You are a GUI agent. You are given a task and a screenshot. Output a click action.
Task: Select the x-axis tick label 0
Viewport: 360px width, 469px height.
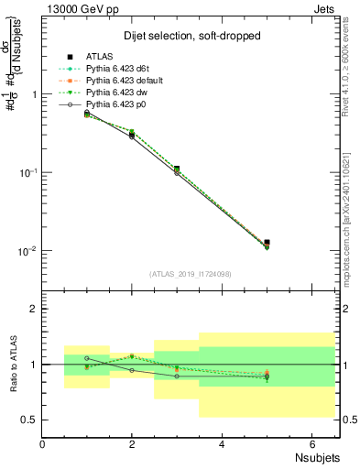click(43, 443)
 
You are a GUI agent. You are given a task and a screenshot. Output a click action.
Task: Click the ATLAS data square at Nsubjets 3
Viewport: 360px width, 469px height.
click(177, 169)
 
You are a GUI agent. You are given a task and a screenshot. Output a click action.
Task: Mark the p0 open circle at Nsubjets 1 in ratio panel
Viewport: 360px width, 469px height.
click(87, 358)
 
